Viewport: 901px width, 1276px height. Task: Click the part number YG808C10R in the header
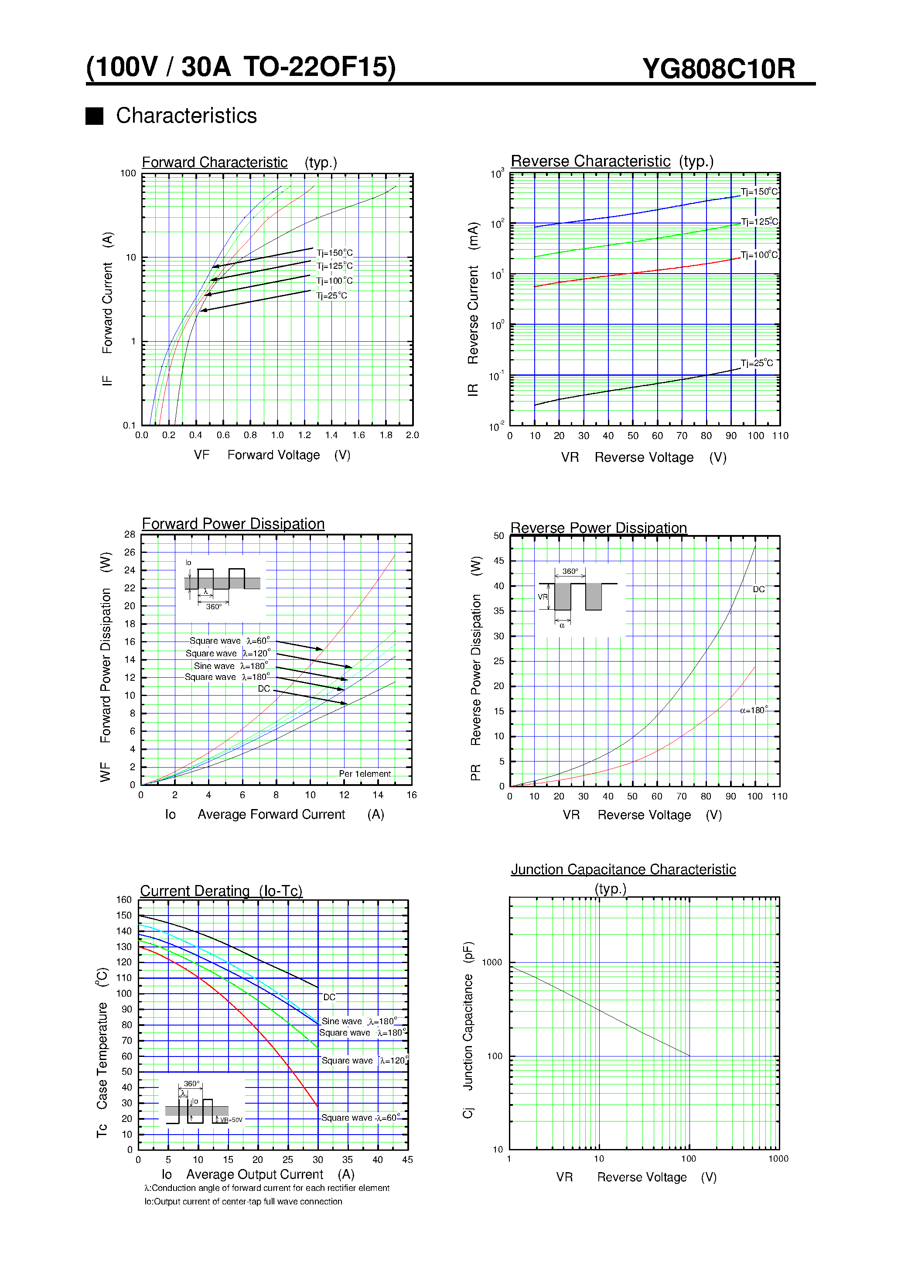(x=718, y=69)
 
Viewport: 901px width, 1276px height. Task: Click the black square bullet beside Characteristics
(x=95, y=116)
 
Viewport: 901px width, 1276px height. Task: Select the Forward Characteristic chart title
(x=215, y=162)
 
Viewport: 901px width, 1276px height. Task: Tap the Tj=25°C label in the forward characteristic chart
(x=331, y=296)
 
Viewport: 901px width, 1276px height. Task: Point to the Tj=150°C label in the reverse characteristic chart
(x=759, y=192)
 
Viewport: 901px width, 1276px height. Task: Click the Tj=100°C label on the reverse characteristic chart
(x=759, y=255)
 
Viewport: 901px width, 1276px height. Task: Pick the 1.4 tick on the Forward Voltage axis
(x=331, y=435)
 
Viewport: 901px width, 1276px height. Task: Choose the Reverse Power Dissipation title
(x=598, y=528)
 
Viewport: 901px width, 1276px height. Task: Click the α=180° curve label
(x=754, y=710)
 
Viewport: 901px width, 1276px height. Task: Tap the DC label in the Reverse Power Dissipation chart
(x=759, y=589)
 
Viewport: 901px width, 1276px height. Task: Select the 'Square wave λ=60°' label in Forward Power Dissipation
(x=229, y=641)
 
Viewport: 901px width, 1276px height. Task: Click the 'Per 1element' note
(x=365, y=774)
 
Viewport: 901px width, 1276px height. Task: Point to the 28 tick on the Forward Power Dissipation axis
(x=130, y=534)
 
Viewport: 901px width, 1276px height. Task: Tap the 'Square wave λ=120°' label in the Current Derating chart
(x=364, y=1060)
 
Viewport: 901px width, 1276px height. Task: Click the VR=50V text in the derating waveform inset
(x=231, y=1120)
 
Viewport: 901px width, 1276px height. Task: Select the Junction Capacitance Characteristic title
(x=623, y=869)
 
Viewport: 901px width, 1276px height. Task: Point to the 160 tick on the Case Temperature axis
(x=124, y=899)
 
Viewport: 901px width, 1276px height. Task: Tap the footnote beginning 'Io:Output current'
(x=243, y=1201)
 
